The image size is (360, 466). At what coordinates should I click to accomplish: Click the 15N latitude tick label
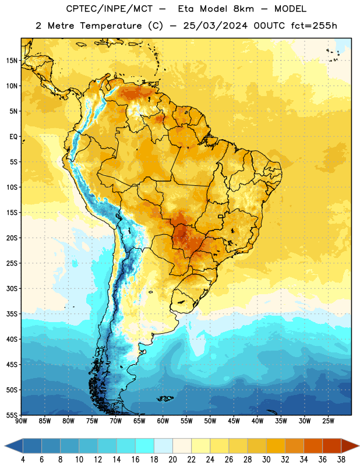pos(12,61)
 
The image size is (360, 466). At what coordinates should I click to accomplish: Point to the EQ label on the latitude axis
pos(13,137)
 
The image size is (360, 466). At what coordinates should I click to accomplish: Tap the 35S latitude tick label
pos(12,314)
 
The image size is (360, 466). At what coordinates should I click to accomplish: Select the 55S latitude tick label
pos(12,415)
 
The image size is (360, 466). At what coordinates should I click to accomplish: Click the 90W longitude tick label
pos(21,421)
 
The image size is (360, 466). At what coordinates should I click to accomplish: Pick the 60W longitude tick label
pos(163,421)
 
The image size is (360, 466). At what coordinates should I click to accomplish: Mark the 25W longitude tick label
pos(328,421)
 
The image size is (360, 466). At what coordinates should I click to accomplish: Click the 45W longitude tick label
pos(234,421)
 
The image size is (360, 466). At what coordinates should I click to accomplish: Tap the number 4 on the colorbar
pos(23,460)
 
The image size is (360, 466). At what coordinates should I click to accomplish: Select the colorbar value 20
pos(172,460)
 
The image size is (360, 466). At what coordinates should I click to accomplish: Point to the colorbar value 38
pos(341,460)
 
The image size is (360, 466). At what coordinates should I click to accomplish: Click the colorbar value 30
pos(266,460)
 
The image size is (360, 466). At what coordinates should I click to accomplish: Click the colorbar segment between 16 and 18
pos(144,446)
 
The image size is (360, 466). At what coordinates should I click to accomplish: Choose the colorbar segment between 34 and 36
pos(313,446)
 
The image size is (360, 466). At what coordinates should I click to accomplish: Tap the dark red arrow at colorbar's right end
pos(350,446)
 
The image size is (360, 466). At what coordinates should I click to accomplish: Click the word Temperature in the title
pos(111,26)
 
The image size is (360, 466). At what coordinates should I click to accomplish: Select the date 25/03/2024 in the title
pos(215,26)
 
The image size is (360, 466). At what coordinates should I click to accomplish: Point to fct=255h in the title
pos(314,26)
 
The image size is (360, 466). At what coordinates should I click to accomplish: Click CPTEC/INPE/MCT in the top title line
pos(110,9)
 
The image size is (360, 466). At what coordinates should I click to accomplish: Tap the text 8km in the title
pos(243,9)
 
